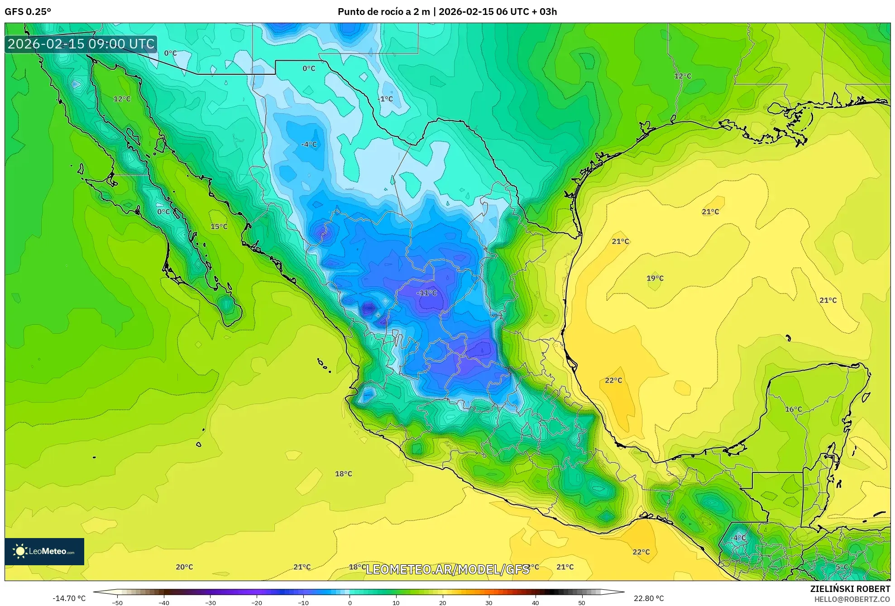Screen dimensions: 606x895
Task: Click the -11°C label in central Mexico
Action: point(426,293)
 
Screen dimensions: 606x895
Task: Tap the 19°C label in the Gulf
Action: point(655,278)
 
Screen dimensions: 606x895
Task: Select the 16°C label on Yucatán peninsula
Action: point(793,409)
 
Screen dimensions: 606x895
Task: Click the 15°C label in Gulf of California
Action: point(219,226)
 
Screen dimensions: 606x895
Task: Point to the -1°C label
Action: point(386,99)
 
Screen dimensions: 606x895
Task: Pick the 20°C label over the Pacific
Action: point(184,567)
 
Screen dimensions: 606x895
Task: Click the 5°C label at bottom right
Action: point(842,567)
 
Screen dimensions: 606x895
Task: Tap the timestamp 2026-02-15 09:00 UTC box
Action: point(81,44)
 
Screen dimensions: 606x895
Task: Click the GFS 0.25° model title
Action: point(28,12)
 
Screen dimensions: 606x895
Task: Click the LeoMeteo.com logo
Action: point(44,551)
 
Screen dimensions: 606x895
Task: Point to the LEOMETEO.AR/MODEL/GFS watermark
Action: point(447,569)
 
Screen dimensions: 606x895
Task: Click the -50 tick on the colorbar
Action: point(117,602)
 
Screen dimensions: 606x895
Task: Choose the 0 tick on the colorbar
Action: point(349,602)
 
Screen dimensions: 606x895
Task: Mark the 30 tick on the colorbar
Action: point(489,602)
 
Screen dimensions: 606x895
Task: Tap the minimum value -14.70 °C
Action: point(69,598)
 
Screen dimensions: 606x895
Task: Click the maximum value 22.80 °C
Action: point(649,598)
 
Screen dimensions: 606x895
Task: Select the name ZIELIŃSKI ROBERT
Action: point(850,589)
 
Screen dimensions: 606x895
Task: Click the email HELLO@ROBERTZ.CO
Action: point(852,599)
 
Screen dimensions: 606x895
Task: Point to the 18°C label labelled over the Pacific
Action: point(343,474)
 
